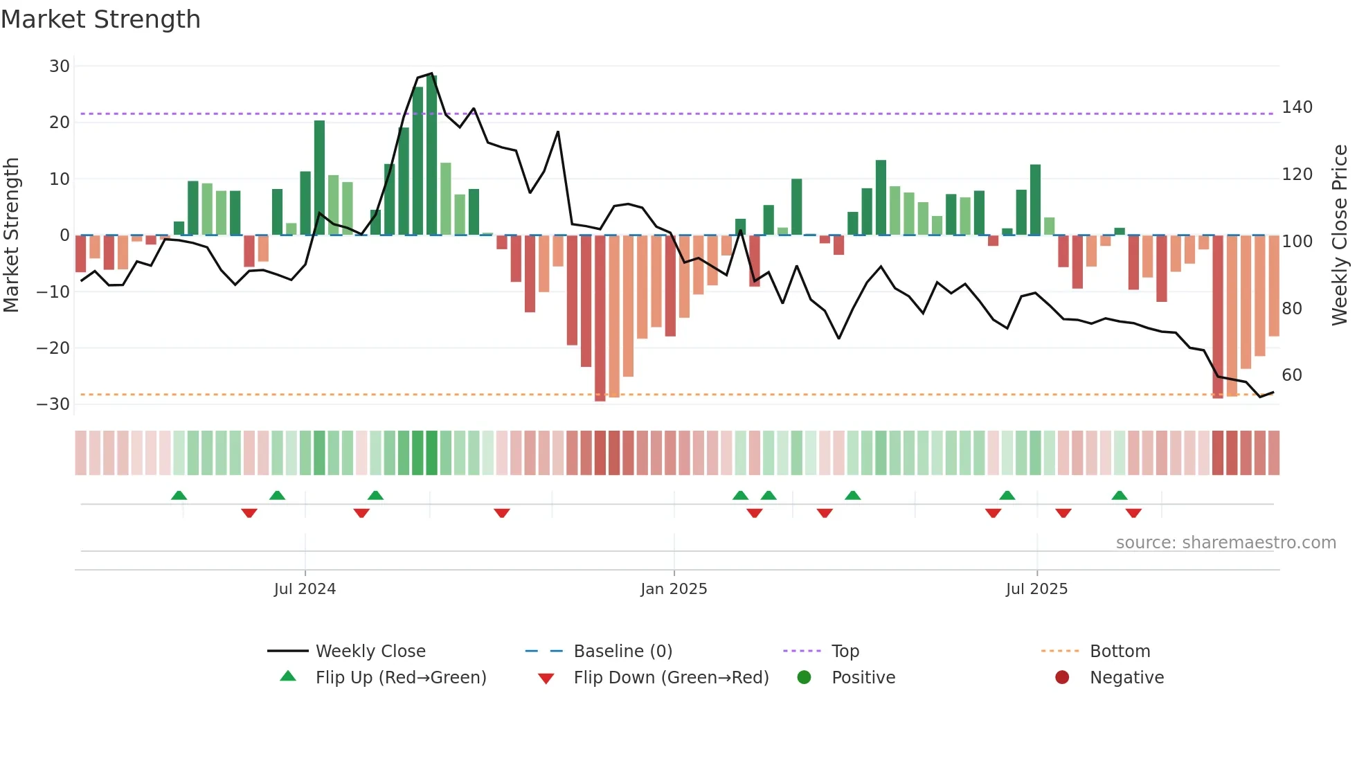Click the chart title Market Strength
coord(101,19)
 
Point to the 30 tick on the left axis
coord(60,66)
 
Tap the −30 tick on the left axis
coord(54,404)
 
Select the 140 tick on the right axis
coord(1297,107)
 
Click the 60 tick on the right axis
coord(1292,375)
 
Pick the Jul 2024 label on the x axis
coord(305,589)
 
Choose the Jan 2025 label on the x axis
coord(674,589)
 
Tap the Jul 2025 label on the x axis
coord(1036,589)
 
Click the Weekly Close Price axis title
coord(1340,235)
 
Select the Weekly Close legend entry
coord(370,652)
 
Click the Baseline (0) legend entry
coord(622,652)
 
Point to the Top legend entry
coord(845,652)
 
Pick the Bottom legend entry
coord(1120,652)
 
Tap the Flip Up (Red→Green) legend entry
coord(401,678)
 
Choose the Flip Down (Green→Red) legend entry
coord(671,678)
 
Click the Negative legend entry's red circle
coord(1062,677)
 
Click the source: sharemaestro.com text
coord(1225,543)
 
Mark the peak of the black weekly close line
coord(432,73)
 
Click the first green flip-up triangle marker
coord(179,495)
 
